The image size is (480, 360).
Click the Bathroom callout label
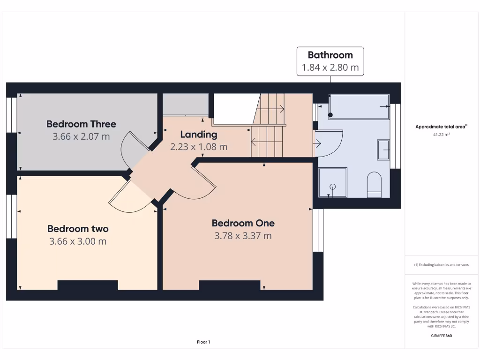pyautogui.click(x=330, y=61)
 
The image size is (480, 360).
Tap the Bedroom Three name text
pyautogui.click(x=81, y=124)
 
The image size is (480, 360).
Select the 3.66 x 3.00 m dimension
pyautogui.click(x=78, y=241)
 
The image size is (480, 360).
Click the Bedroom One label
pyautogui.click(x=243, y=223)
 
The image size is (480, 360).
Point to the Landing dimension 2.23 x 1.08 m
pyautogui.click(x=199, y=147)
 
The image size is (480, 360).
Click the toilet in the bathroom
pyautogui.click(x=374, y=184)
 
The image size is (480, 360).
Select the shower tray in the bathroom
pyautogui.click(x=333, y=183)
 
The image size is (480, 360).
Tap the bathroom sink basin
pyautogui.click(x=383, y=150)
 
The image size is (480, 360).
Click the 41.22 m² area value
pyautogui.click(x=441, y=135)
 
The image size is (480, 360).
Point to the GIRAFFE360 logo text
pyautogui.click(x=441, y=336)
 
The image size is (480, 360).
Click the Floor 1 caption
pyautogui.click(x=203, y=342)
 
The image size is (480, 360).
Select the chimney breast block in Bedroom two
pyautogui.click(x=88, y=285)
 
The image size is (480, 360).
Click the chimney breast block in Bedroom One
pyautogui.click(x=229, y=285)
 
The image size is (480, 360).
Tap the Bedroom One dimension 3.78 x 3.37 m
pyautogui.click(x=243, y=236)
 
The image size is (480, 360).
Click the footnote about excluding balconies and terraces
pyautogui.click(x=441, y=265)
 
